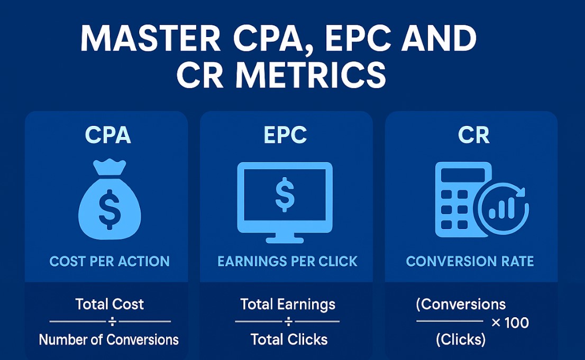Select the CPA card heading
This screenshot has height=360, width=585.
point(108,135)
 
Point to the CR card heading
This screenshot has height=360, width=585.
point(473,135)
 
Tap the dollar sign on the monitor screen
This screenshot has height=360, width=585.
point(285,193)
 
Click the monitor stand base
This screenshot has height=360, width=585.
point(285,239)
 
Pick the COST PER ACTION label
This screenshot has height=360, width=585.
point(109,261)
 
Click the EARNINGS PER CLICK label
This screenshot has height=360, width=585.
point(288,261)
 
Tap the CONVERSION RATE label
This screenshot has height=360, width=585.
point(470,261)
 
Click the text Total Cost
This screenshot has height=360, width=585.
point(109,304)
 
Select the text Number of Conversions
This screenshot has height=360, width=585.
point(108,339)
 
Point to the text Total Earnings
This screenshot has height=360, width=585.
point(288,304)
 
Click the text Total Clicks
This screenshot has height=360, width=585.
point(289,339)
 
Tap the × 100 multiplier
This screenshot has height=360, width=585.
point(510,322)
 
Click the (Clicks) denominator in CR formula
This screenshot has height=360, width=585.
point(460,339)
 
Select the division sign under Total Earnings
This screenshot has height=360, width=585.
point(288,321)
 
